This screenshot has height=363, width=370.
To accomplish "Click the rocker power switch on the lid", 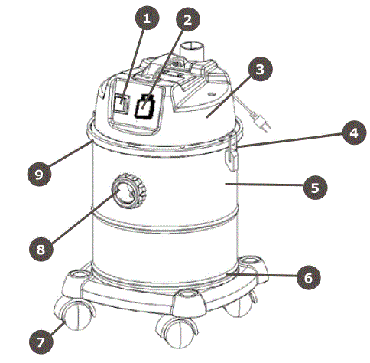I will point(121,104).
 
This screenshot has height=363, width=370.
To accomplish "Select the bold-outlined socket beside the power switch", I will point(145,107).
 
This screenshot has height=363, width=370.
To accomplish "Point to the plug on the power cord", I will point(260,119).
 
